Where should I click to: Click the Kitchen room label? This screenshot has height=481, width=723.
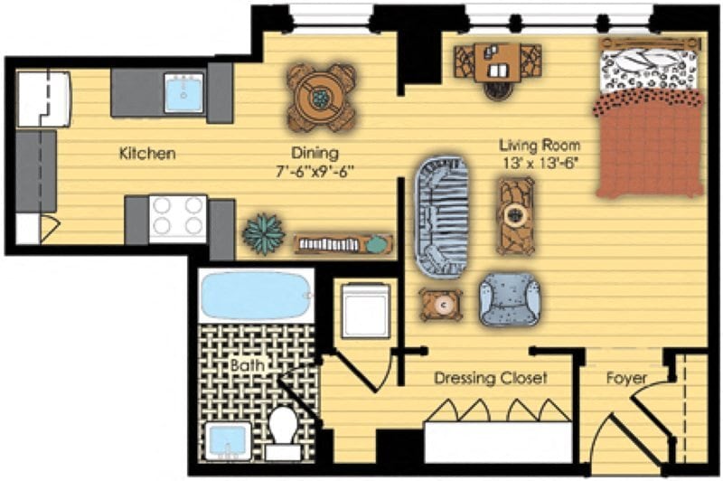click(x=147, y=154)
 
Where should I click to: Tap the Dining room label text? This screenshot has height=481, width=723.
click(x=315, y=153)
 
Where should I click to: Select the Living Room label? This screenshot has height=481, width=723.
click(x=540, y=145)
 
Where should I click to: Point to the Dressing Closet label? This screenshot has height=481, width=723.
click(x=490, y=377)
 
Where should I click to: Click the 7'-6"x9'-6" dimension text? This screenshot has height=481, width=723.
click(x=315, y=171)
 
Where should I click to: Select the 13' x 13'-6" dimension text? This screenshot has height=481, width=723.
click(x=540, y=163)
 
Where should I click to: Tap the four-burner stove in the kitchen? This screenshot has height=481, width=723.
click(x=178, y=217)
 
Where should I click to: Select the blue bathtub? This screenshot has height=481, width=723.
click(x=254, y=296)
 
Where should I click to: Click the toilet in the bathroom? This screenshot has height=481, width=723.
click(x=283, y=429)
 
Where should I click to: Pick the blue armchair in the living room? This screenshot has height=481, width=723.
click(x=510, y=297)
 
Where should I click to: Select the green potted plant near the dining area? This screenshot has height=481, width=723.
click(x=263, y=234)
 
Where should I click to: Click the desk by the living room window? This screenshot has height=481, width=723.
click(x=498, y=61)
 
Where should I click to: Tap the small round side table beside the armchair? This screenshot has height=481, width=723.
click(x=442, y=306)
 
